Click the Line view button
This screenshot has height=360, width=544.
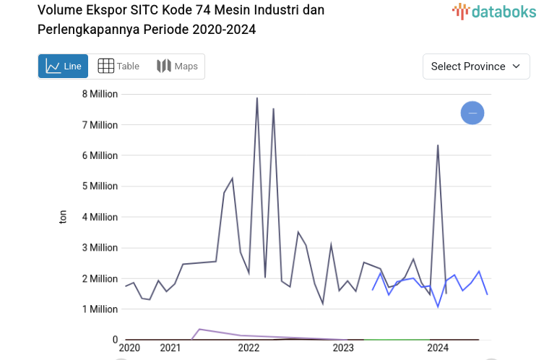(x=63, y=67)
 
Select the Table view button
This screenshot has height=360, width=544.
(x=118, y=67)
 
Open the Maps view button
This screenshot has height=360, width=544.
(x=177, y=67)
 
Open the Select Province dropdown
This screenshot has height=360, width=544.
(x=475, y=67)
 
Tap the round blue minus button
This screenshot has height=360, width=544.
(x=472, y=113)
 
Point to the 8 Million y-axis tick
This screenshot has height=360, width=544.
(x=99, y=94)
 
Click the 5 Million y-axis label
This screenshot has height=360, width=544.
(x=99, y=187)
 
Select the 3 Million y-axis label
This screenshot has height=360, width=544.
(x=99, y=248)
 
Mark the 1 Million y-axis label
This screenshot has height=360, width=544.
(x=99, y=309)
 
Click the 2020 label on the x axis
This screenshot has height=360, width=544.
(x=129, y=348)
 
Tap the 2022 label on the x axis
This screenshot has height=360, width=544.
(x=249, y=348)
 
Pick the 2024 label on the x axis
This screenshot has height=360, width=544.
(x=438, y=348)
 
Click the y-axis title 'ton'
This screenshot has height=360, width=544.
(x=63, y=217)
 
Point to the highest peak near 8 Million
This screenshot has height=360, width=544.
(x=257, y=98)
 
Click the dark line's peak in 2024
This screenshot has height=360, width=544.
(x=438, y=146)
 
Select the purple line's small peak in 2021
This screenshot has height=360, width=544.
(x=199, y=330)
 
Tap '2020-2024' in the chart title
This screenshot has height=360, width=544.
(x=224, y=30)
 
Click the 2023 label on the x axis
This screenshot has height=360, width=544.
(x=343, y=348)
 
